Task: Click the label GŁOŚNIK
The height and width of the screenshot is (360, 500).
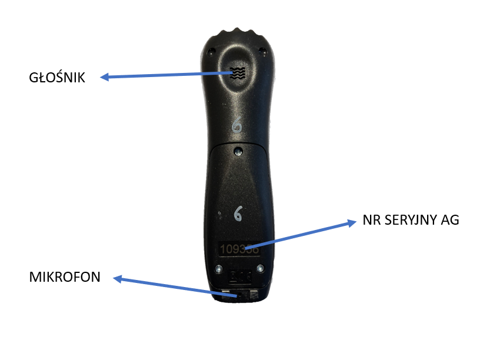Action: (x=57, y=78)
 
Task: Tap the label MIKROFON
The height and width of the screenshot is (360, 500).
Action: (x=65, y=277)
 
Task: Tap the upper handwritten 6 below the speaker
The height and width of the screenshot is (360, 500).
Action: (x=238, y=126)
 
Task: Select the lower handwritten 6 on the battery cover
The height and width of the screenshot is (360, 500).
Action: (x=238, y=213)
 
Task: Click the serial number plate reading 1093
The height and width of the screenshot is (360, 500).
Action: (x=240, y=249)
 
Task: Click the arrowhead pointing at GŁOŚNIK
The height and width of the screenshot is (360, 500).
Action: (x=104, y=77)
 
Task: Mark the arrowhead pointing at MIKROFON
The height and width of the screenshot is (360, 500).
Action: (x=117, y=279)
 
